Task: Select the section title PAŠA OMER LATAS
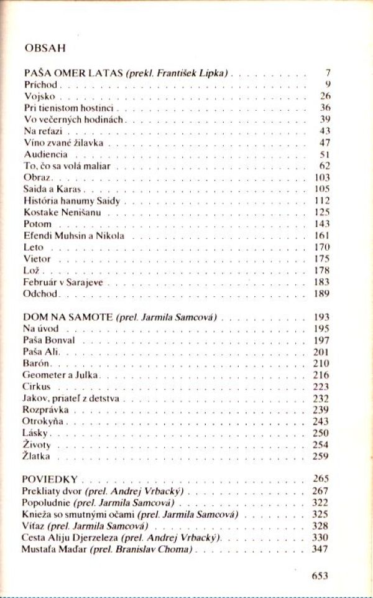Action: tap(73, 73)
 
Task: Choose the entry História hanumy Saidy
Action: tap(71, 201)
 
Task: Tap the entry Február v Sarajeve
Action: tap(63, 282)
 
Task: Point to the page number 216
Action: tap(321, 375)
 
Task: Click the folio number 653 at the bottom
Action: tap(320, 576)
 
